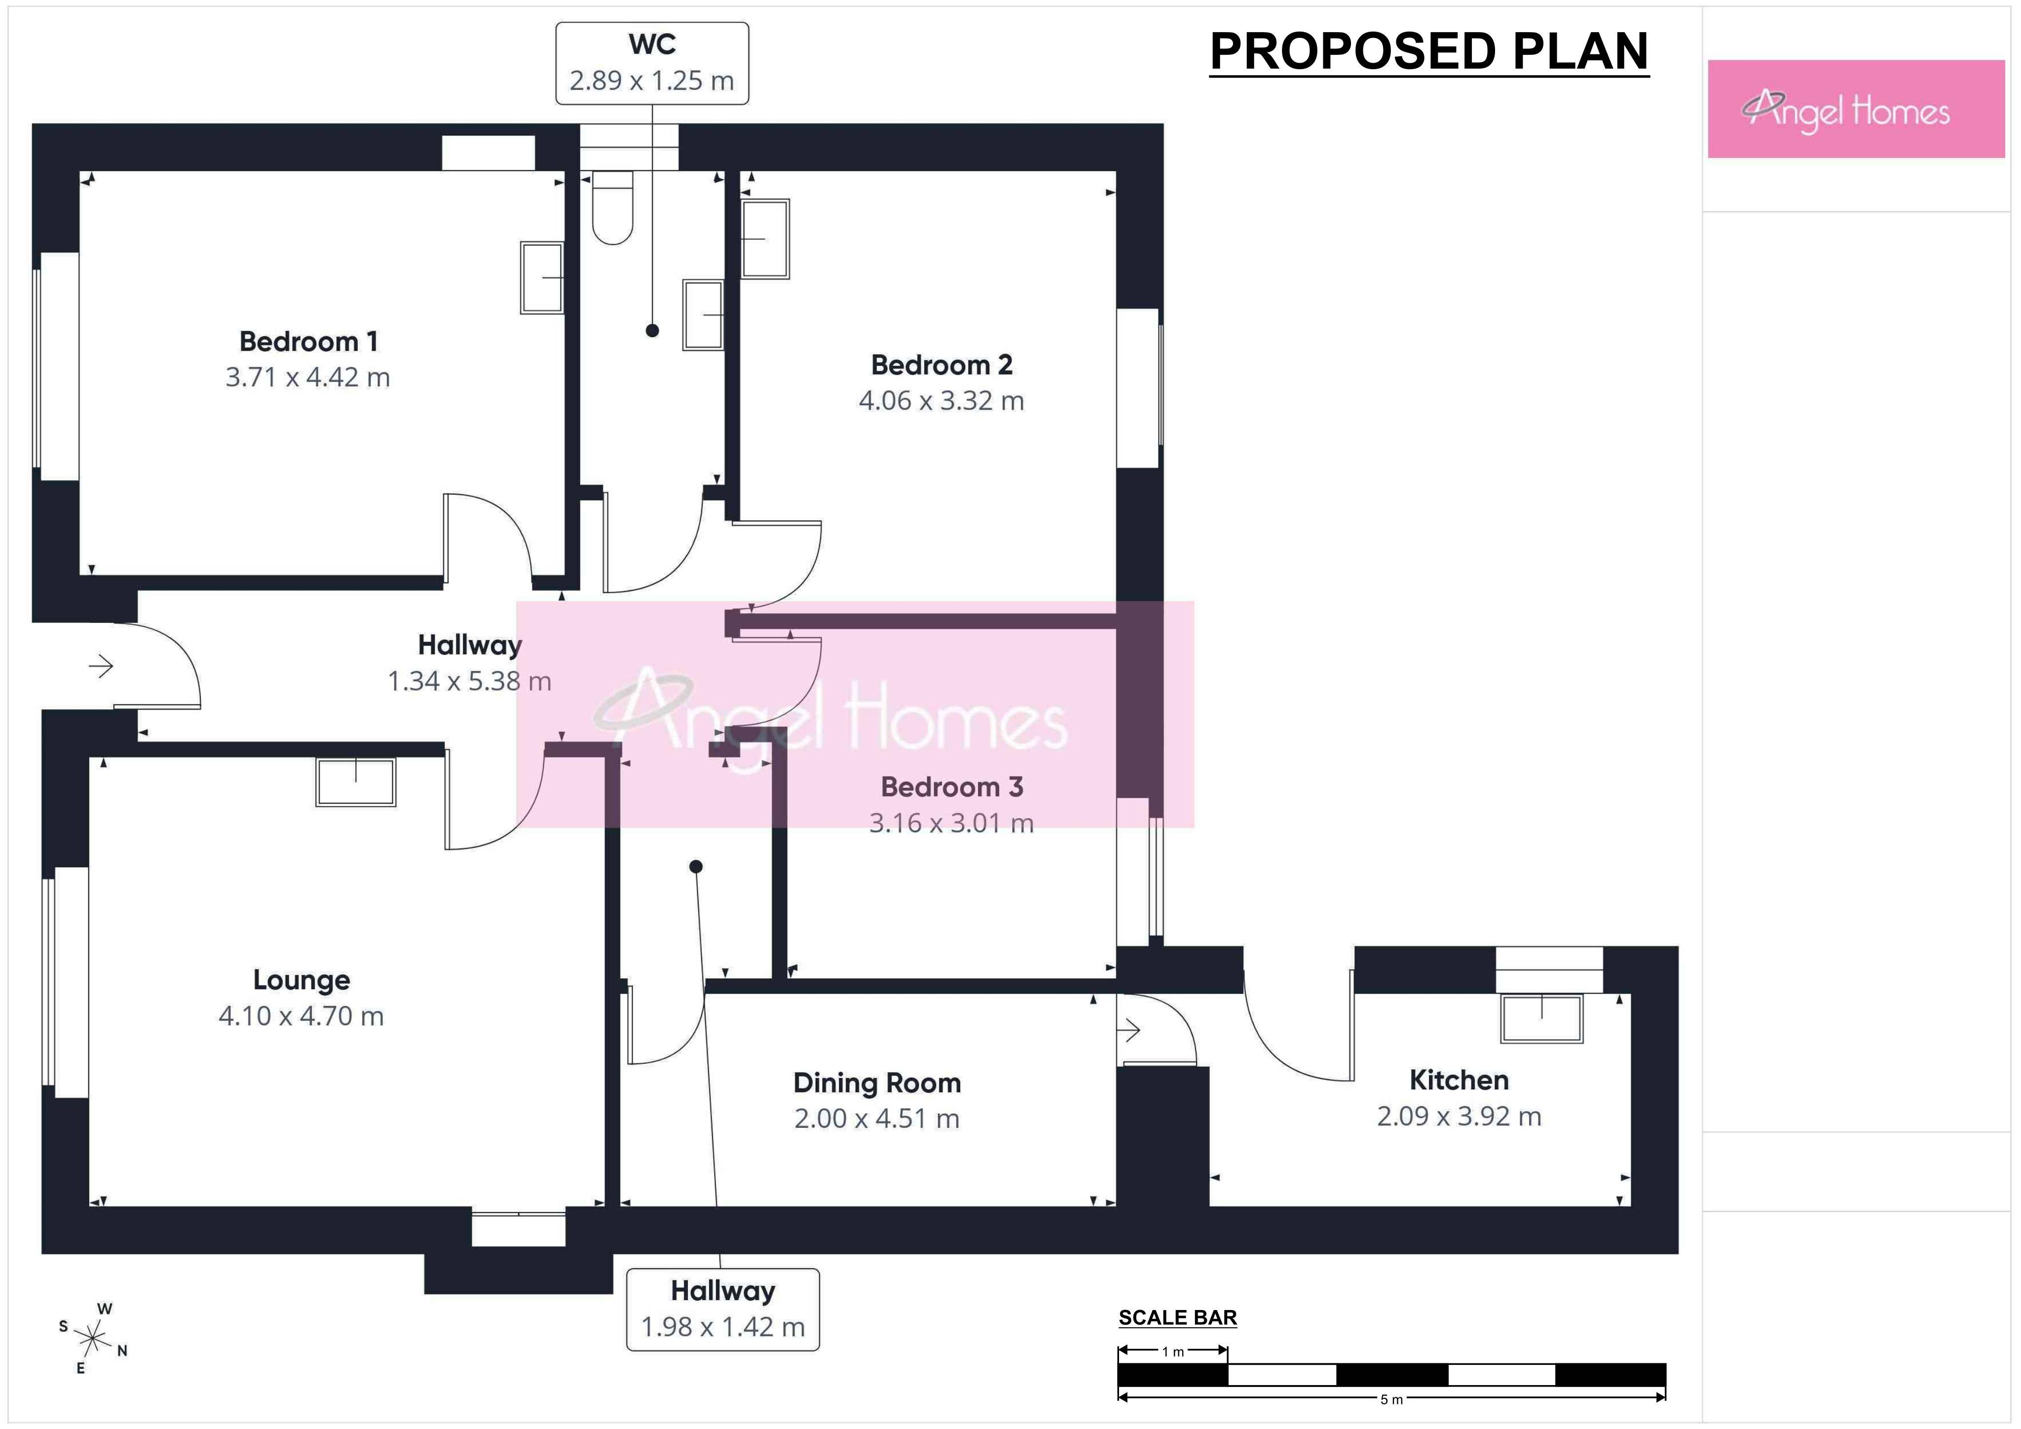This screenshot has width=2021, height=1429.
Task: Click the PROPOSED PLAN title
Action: click(x=1428, y=51)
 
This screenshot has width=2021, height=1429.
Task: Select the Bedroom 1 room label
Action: click(x=308, y=341)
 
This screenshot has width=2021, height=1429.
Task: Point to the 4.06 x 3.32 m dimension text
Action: click(x=941, y=401)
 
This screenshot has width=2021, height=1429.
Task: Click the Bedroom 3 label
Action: click(x=951, y=786)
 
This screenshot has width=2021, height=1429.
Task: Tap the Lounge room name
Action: click(x=301, y=980)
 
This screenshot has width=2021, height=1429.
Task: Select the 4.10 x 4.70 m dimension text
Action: click(x=301, y=1016)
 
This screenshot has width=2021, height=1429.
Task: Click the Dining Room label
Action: click(x=877, y=1083)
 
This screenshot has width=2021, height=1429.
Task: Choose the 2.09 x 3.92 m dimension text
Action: click(x=1459, y=1117)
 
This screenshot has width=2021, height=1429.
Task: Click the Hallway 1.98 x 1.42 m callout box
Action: click(x=723, y=1309)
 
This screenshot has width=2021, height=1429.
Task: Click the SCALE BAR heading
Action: click(x=1178, y=1317)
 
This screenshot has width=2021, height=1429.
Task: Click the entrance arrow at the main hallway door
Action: click(x=101, y=666)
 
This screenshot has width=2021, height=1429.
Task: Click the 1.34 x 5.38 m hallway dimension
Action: click(x=469, y=681)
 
